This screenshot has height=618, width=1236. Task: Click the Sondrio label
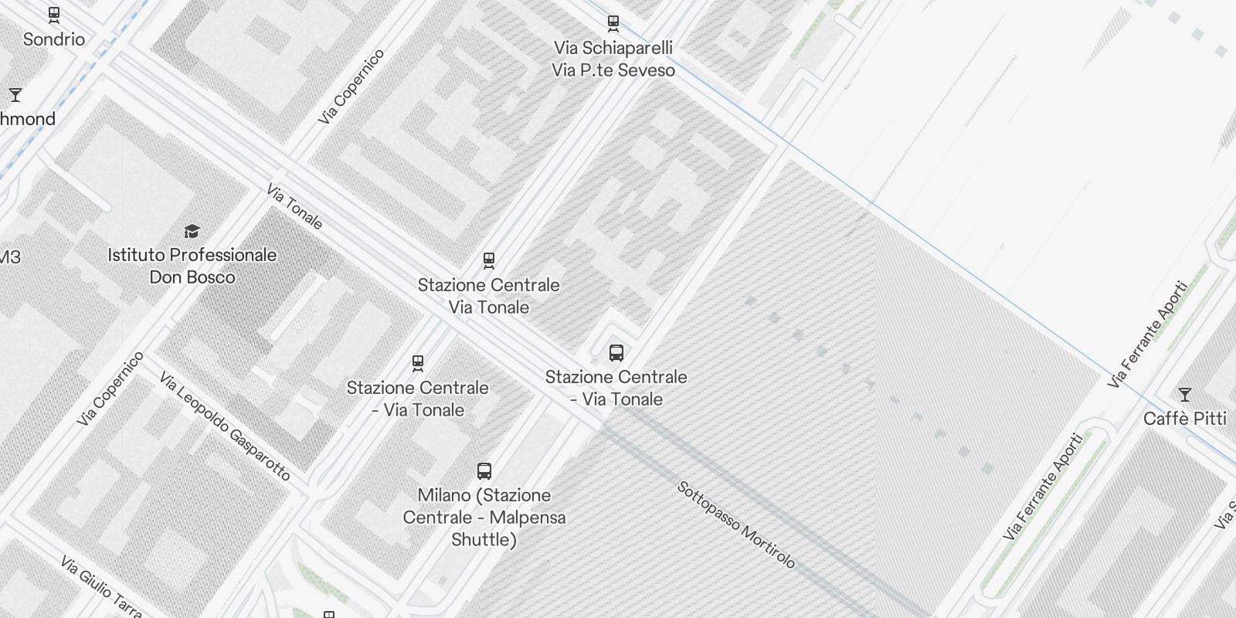click(x=54, y=39)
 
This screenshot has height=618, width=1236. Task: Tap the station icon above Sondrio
click(x=54, y=15)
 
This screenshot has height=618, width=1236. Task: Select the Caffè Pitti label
click(x=1184, y=419)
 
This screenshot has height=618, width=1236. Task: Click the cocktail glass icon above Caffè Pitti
click(x=1184, y=395)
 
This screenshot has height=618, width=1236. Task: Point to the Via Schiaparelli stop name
click(x=613, y=48)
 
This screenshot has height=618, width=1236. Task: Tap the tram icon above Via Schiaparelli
click(x=613, y=23)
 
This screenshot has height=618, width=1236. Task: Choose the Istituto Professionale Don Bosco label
click(x=192, y=266)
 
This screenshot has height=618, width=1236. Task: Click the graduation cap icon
click(x=192, y=231)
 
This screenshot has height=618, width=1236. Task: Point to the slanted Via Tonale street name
click(x=294, y=206)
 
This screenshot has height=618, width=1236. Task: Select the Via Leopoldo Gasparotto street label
click(x=225, y=426)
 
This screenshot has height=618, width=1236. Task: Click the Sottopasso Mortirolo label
click(x=736, y=525)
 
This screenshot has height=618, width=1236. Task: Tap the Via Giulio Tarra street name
click(x=100, y=586)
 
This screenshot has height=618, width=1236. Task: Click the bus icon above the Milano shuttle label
click(x=484, y=470)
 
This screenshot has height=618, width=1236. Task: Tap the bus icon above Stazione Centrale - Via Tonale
click(x=616, y=353)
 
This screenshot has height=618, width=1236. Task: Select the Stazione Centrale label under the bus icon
click(x=616, y=378)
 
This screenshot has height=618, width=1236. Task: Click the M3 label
click(x=10, y=257)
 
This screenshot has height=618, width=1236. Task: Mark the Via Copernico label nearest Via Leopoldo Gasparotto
click(x=110, y=389)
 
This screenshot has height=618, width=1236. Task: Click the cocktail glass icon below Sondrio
click(x=15, y=95)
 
